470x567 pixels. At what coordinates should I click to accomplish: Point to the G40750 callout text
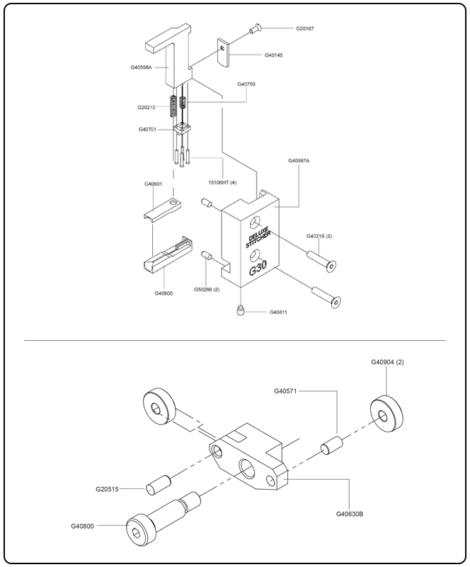[246, 84]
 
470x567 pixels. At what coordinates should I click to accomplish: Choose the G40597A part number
[299, 161]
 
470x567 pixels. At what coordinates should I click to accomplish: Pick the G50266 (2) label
[207, 289]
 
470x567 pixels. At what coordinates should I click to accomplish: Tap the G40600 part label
[164, 293]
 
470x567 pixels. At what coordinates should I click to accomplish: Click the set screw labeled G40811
[240, 310]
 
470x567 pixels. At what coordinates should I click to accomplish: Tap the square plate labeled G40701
[185, 130]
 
